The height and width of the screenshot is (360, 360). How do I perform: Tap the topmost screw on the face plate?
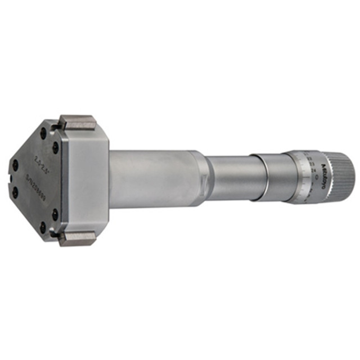coord(43,133)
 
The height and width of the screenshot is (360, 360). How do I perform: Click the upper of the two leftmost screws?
coord(15,165)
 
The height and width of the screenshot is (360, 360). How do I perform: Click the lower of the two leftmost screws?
coord(15,192)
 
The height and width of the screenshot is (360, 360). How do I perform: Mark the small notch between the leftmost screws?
coord(11,179)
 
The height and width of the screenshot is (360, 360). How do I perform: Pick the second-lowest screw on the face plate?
coord(55,214)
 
